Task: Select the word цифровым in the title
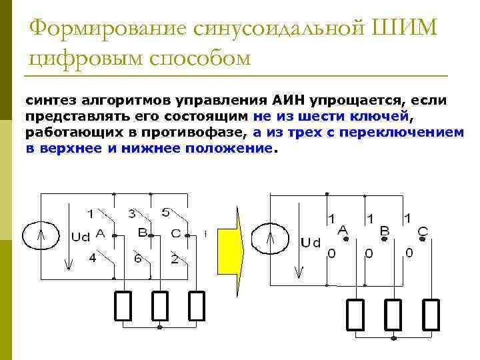[89, 59]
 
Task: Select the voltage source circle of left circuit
[41, 235]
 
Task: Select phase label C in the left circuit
[176, 233]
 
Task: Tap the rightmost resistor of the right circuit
[431, 315]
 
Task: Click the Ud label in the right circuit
[311, 243]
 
